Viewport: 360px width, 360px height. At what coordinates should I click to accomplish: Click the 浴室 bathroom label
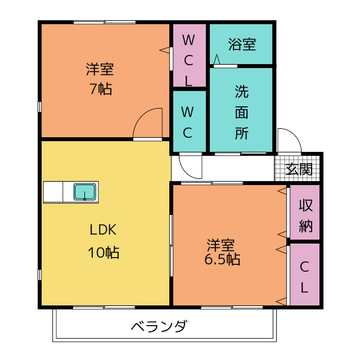pos(242,44)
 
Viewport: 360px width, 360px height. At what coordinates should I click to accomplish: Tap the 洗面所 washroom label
pos(242,112)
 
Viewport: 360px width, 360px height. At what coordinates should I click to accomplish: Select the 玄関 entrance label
pos(299,169)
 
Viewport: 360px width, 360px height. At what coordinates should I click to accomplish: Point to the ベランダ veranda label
pos(159,326)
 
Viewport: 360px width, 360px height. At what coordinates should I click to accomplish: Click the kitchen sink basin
pos(85,192)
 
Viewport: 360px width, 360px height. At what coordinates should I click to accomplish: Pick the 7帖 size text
pos(101,89)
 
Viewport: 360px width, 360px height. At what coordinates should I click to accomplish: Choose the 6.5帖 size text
pos(222,259)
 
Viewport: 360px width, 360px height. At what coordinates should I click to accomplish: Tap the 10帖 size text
pos(103,253)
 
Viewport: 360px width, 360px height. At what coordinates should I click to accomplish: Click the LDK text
pos(103,229)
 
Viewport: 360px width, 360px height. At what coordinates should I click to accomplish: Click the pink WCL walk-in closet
pos(189,55)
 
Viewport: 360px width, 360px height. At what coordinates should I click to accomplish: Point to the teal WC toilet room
pos(189,121)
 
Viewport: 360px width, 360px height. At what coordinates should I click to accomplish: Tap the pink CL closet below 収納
pos(305,274)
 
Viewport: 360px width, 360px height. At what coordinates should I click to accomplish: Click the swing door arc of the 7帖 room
pos(140,116)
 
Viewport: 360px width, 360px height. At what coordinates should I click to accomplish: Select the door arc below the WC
pos(186,171)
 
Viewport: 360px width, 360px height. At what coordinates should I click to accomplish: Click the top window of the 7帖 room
pos(105,22)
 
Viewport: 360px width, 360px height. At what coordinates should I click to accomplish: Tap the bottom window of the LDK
pos(104,308)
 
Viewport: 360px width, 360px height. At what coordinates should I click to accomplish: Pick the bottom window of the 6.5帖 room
pos(232,308)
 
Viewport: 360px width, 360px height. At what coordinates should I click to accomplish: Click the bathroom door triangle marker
pos(217,59)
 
